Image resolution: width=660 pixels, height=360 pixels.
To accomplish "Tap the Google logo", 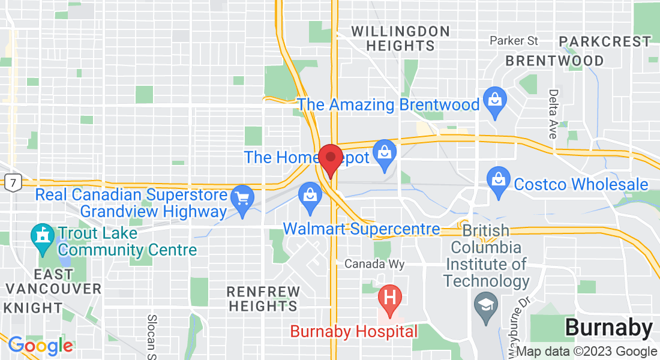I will click(40, 345).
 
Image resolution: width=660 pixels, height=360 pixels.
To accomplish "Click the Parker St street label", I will click(514, 41).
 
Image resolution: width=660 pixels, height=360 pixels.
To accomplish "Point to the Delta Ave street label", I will click(553, 114).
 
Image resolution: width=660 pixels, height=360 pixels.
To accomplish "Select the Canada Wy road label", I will click(374, 264).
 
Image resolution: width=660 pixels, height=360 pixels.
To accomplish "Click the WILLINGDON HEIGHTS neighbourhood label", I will click(400, 38).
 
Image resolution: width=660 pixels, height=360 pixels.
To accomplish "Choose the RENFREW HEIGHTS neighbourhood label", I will click(263, 299).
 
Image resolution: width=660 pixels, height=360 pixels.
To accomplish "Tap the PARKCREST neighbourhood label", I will click(605, 41).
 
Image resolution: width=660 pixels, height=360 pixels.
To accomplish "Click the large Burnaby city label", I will click(608, 328).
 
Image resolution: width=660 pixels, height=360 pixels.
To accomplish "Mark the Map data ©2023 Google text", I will click(586, 352).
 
